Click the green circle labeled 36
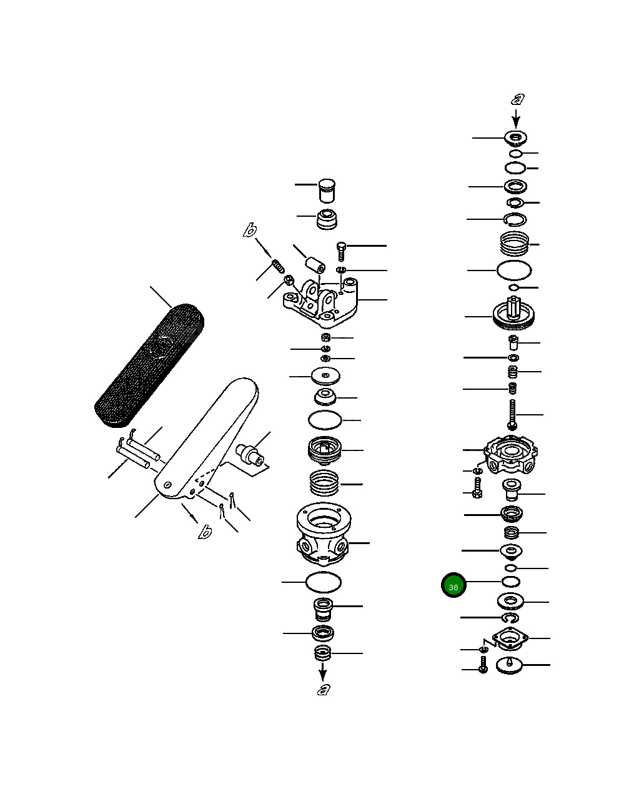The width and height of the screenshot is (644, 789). click(453, 585)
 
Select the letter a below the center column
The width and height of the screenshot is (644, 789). click(323, 690)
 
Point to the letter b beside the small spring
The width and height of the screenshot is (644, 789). click(250, 231)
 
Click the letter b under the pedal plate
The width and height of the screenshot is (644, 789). click(204, 532)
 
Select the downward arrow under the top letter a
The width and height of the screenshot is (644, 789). click(517, 118)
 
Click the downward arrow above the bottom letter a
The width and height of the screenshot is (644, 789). click(323, 672)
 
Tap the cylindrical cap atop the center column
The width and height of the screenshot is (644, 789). click(327, 191)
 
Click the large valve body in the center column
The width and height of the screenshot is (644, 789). click(323, 533)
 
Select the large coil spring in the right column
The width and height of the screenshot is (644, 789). click(515, 242)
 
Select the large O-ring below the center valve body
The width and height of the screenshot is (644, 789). click(324, 582)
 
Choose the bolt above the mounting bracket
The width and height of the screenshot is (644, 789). click(341, 251)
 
